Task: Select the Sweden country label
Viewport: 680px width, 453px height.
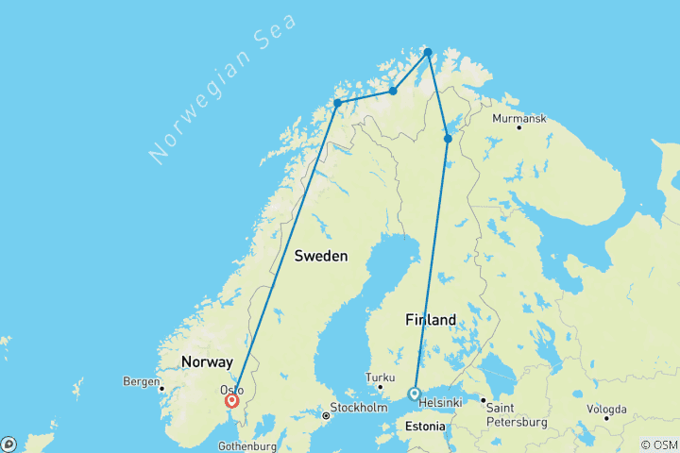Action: coord(320,256)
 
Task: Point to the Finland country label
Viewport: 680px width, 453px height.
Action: coord(431,320)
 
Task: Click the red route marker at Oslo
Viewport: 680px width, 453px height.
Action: coord(231,400)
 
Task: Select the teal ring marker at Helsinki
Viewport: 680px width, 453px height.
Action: coord(414,394)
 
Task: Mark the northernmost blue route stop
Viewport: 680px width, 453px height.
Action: coord(428,52)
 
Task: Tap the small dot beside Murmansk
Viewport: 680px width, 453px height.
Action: coord(518,127)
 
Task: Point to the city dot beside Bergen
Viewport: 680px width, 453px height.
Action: coord(162,388)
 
